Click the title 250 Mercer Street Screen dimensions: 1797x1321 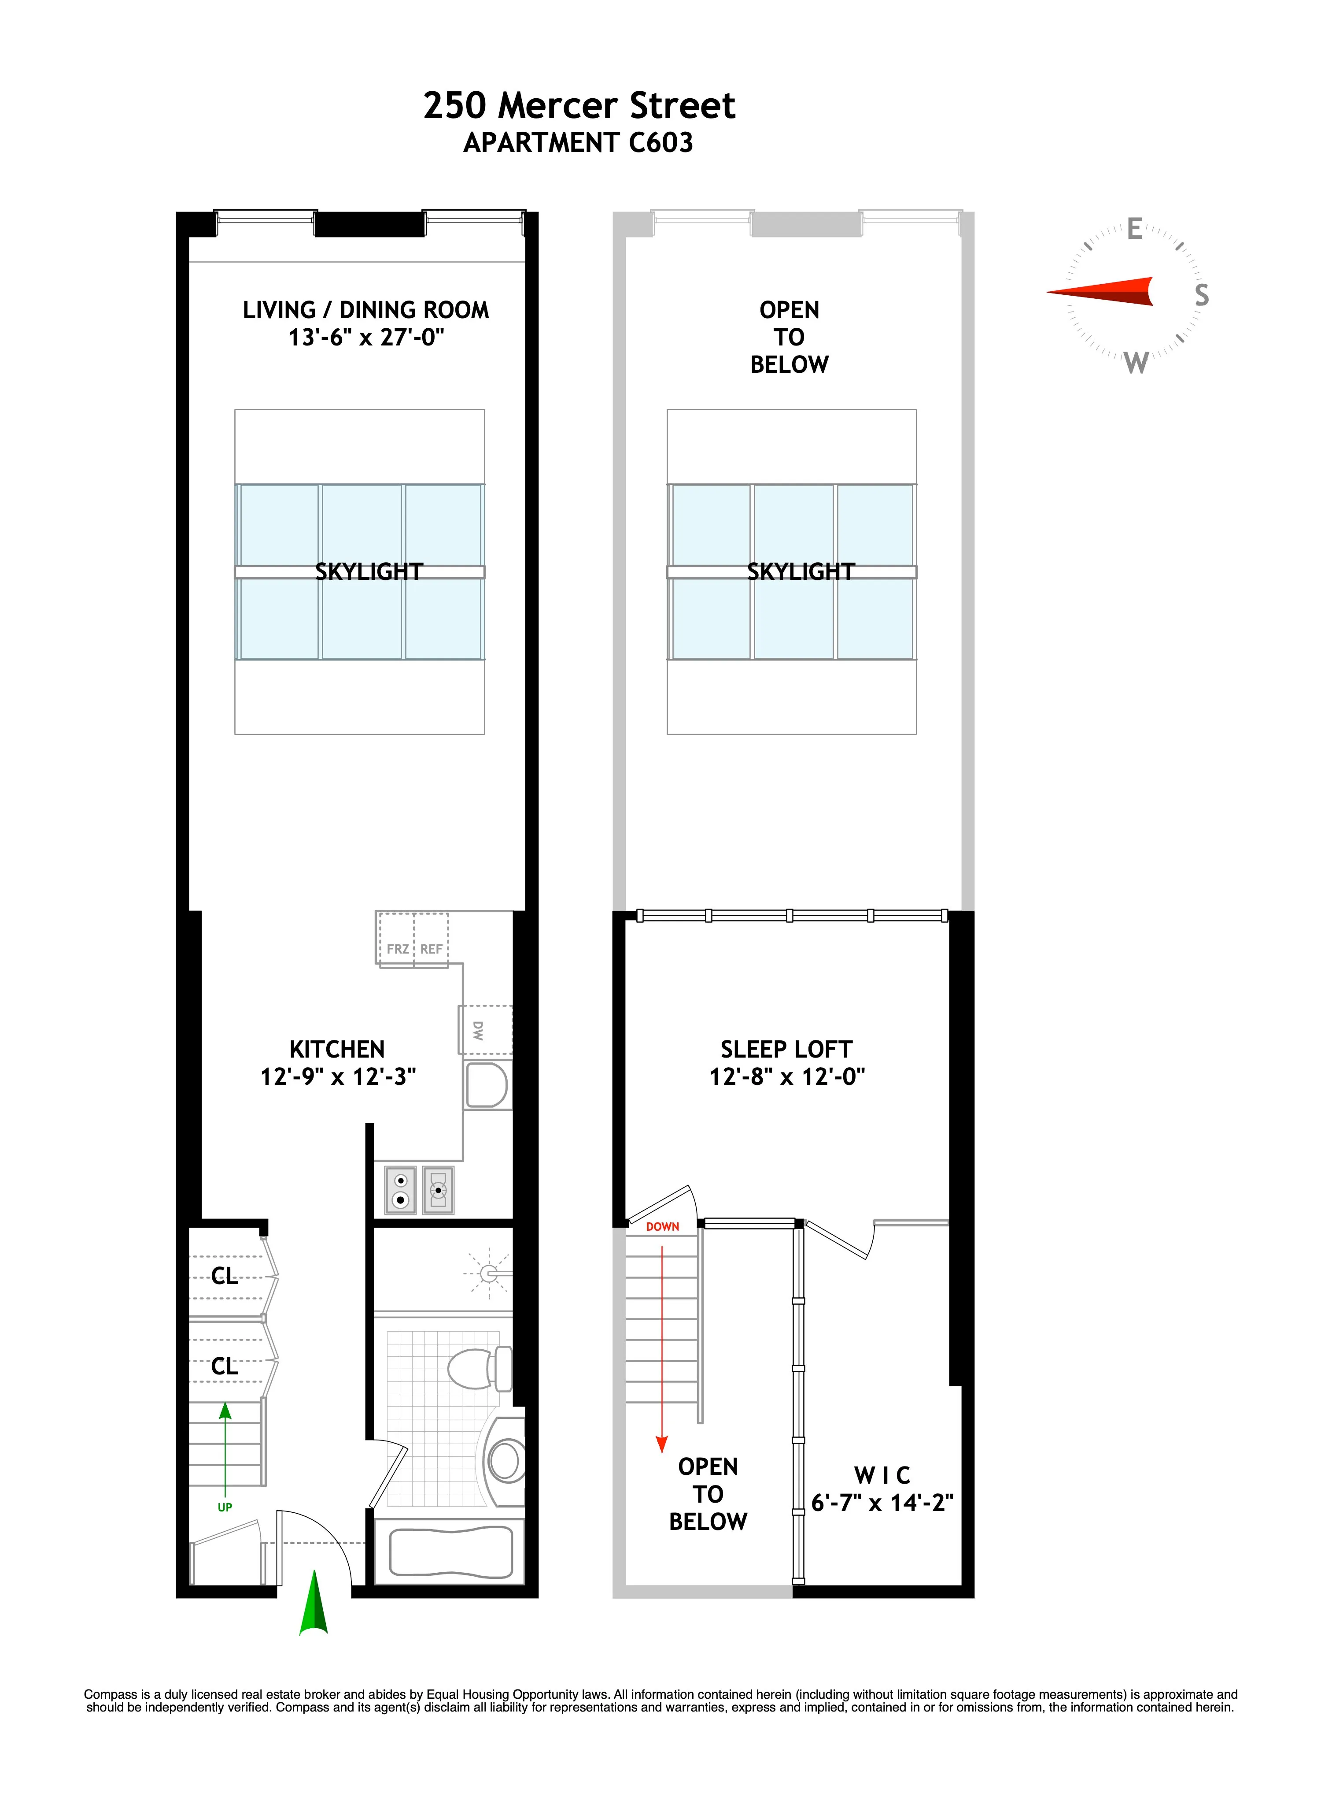(x=579, y=106)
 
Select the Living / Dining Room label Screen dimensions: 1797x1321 (x=365, y=310)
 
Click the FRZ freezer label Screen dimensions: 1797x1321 (x=398, y=949)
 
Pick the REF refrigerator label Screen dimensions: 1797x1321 (x=431, y=949)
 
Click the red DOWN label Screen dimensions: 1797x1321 (x=662, y=1226)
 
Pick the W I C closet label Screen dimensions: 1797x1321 (x=882, y=1474)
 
